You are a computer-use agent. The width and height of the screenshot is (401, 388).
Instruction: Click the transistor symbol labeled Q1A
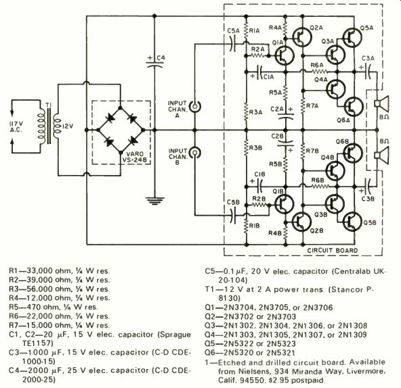(x=284, y=55)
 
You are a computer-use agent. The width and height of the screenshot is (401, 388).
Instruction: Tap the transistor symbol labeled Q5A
(x=352, y=37)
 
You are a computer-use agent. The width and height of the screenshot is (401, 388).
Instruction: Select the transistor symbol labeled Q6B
(x=353, y=153)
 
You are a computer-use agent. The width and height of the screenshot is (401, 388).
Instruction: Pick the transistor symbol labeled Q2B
(x=301, y=222)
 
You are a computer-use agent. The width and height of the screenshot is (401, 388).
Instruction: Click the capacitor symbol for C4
(x=154, y=64)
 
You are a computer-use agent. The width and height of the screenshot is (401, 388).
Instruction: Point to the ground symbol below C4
(x=154, y=201)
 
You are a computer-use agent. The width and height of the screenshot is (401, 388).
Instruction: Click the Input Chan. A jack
(x=194, y=106)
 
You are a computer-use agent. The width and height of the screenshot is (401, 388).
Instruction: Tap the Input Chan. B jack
(x=194, y=153)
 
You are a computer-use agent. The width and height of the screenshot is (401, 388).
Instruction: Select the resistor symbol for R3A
(x=246, y=112)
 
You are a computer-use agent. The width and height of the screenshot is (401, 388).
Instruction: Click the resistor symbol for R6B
(x=320, y=187)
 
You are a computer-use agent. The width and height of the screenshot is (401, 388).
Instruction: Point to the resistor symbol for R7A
(x=303, y=105)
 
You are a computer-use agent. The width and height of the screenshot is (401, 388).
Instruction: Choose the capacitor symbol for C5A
(x=233, y=43)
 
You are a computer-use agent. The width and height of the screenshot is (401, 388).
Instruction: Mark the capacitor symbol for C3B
(x=368, y=187)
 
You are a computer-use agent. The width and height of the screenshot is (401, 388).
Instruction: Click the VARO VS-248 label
(x=135, y=157)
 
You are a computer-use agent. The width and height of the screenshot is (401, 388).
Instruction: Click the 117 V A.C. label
(x=16, y=127)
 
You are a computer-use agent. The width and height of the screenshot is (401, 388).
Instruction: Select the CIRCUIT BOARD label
(x=332, y=250)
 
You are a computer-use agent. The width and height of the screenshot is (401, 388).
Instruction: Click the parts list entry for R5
(x=54, y=307)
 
